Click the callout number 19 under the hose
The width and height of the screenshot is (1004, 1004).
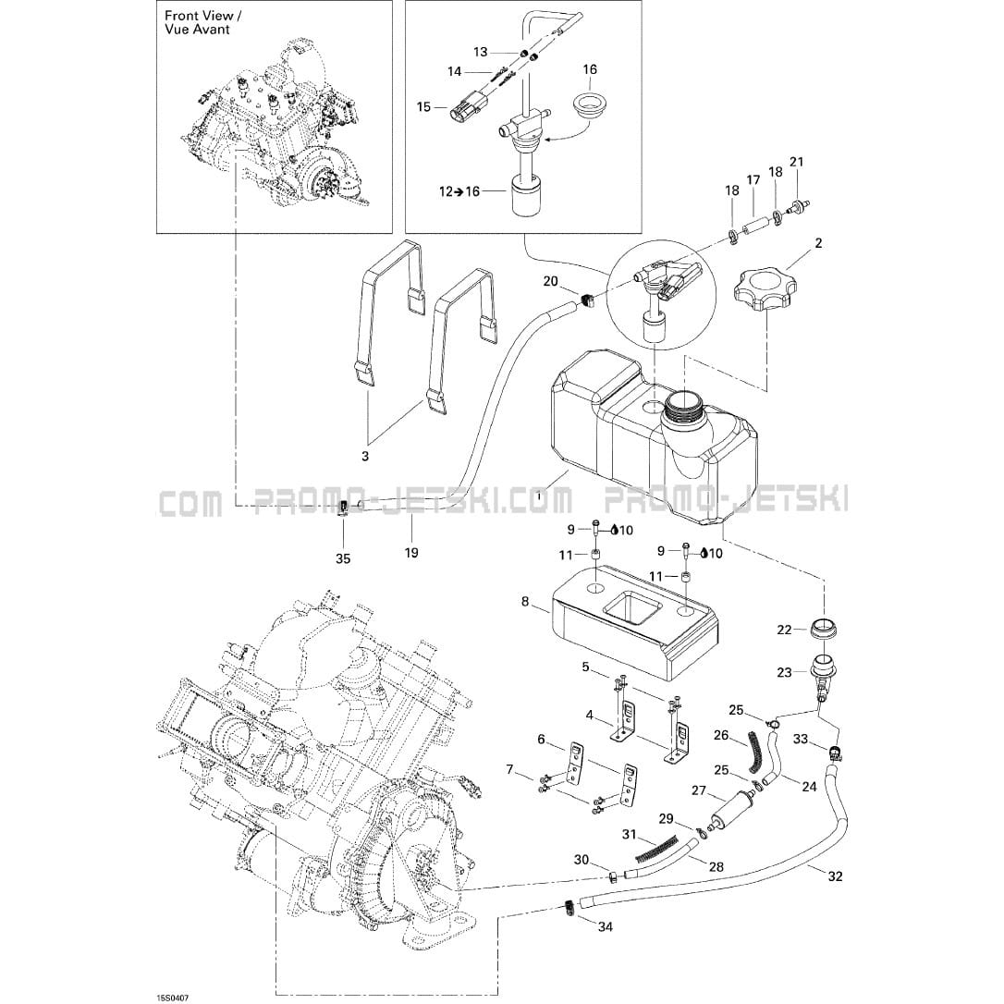click(411, 552)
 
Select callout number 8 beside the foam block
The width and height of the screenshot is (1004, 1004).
click(525, 602)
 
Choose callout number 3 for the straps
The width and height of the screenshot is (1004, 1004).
click(364, 456)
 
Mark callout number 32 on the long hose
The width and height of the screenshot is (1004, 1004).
click(836, 876)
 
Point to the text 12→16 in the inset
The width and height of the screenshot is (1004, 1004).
click(460, 191)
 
